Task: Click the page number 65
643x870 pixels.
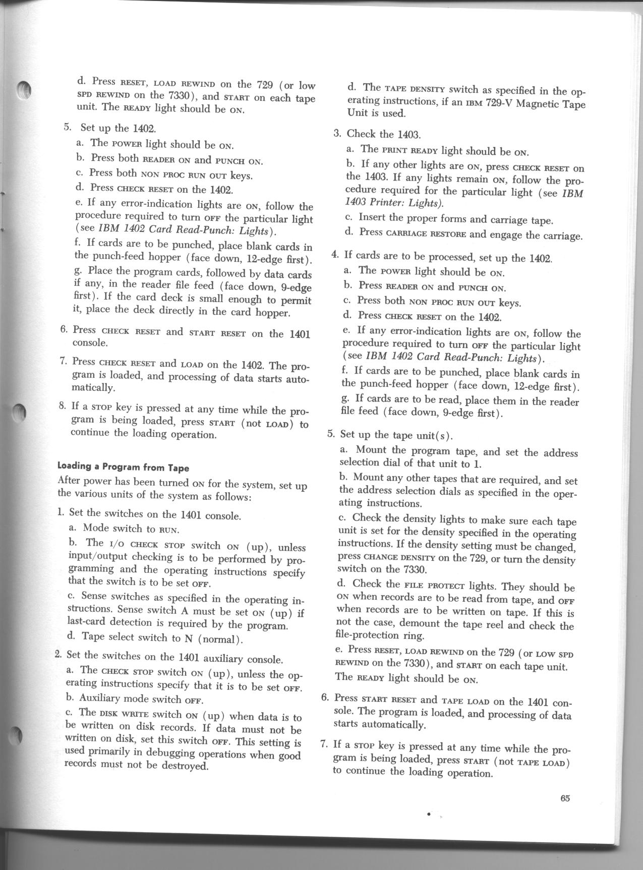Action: (x=564, y=798)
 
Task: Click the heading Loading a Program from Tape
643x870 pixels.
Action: (x=124, y=467)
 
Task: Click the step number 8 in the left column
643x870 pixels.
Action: (x=63, y=405)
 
